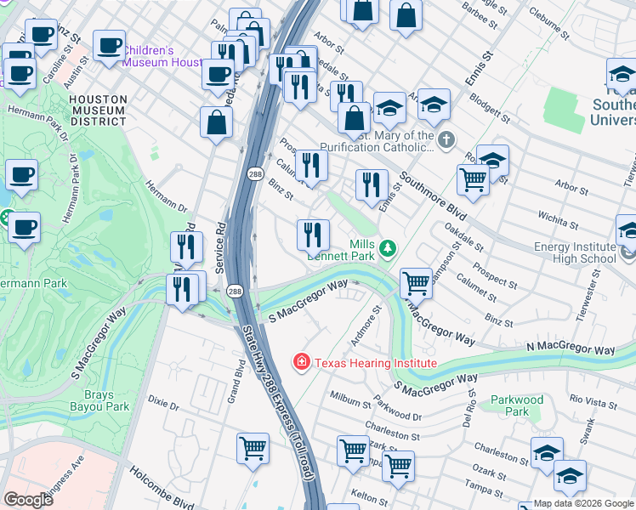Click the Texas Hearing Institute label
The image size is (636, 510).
coord(376,363)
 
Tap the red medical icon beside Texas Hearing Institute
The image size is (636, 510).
coord(301,363)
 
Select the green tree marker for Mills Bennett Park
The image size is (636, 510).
coord(388,248)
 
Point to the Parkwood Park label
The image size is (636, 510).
coord(516,405)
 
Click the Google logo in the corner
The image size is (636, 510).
coord(28,499)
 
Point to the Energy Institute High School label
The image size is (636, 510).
coord(575,252)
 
